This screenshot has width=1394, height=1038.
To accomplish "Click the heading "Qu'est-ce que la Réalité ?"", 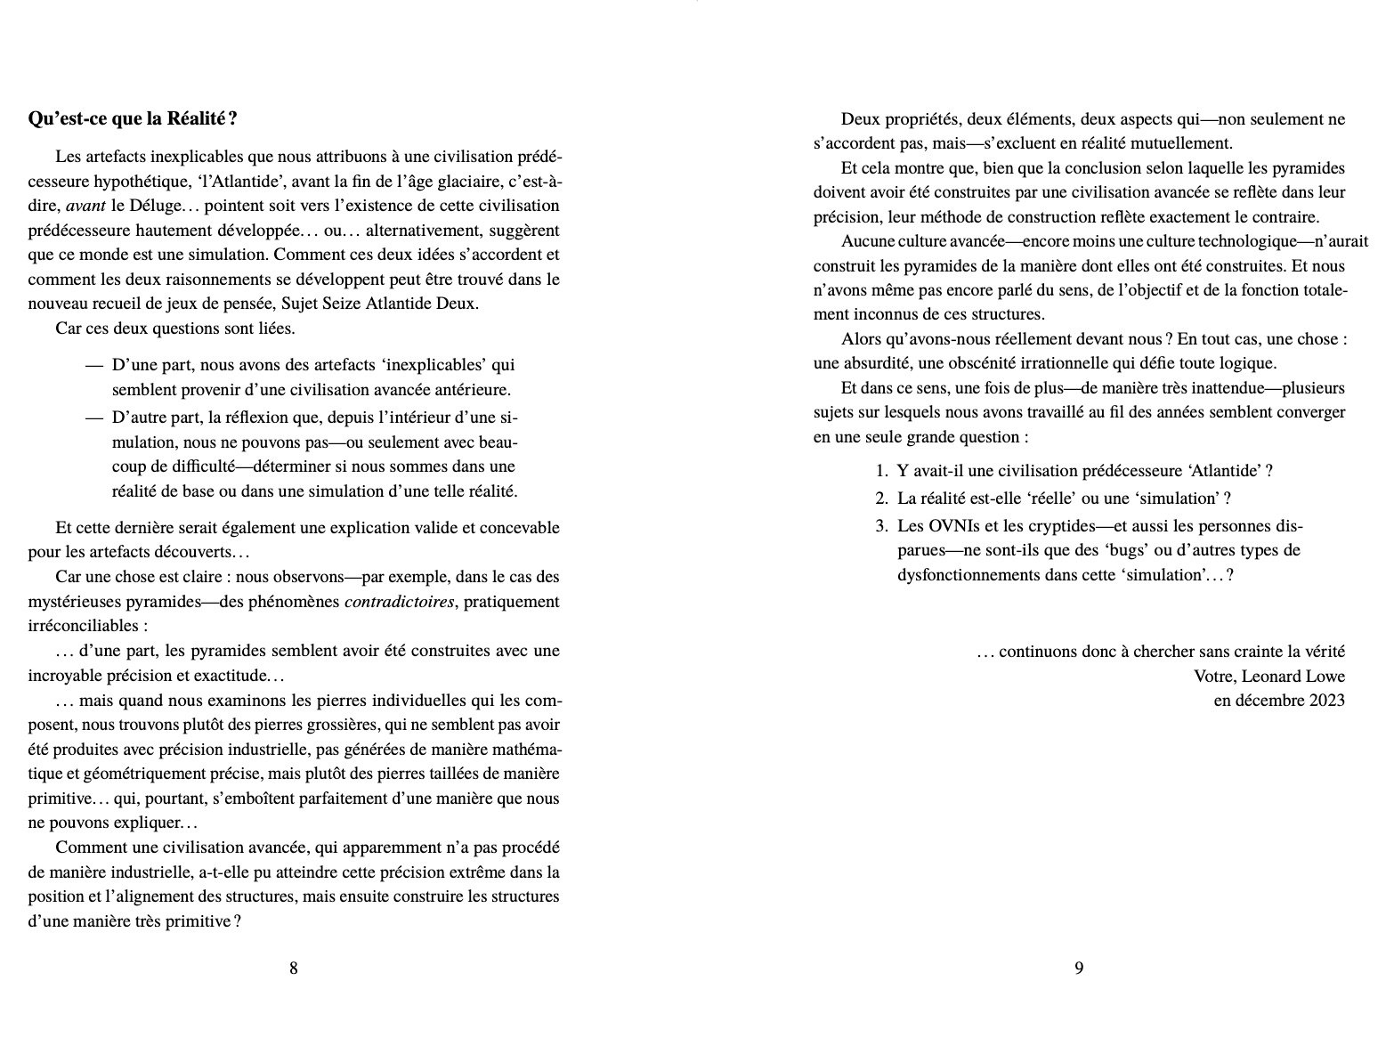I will click(x=133, y=118).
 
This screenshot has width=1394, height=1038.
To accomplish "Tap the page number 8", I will click(x=294, y=969).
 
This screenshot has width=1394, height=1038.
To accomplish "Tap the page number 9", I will click(x=1078, y=969).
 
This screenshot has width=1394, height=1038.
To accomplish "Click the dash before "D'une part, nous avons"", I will click(x=93, y=365).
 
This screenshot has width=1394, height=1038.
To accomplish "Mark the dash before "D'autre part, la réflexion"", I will click(x=93, y=418).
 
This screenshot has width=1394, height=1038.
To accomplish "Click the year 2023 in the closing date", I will click(x=1326, y=701).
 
